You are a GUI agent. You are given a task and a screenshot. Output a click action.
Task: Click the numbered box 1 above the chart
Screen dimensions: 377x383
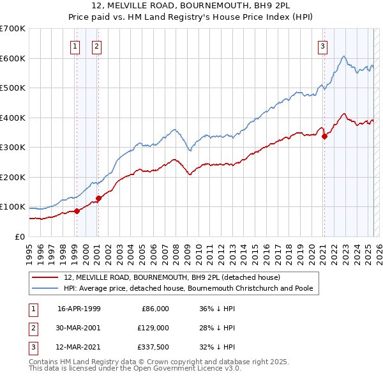75,45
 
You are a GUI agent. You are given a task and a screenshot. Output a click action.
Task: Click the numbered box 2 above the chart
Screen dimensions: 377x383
96,45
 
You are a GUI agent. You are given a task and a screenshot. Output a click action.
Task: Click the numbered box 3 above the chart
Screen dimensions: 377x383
323,45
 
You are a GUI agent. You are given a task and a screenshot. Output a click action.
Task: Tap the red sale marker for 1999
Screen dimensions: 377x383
77,211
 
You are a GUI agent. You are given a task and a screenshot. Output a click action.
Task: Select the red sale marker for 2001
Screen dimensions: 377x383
99,198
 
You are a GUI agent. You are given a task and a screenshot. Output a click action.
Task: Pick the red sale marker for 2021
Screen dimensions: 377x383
324,135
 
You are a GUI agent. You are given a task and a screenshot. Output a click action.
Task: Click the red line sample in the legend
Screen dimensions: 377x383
46,278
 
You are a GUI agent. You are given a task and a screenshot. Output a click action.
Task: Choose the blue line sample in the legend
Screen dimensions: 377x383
46,288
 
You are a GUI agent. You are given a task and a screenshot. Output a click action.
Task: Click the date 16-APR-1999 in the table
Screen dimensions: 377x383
79,309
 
